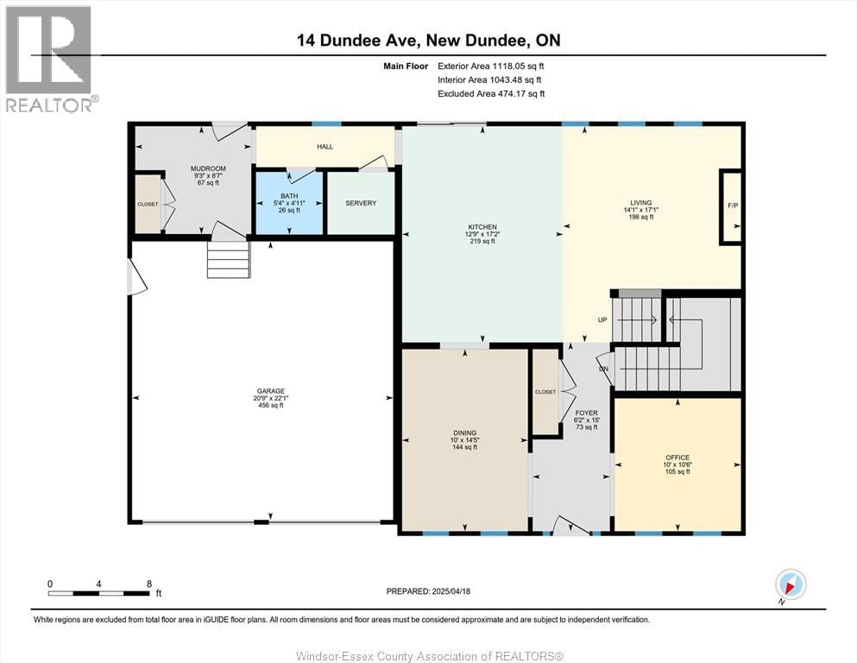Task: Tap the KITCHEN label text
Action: coord(483,227)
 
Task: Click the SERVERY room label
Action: coord(361,203)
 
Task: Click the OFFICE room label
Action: coord(677,458)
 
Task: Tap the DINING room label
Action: coord(464,433)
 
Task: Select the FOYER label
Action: coord(587,414)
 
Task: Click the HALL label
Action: coord(325,147)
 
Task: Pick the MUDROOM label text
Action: coord(208,168)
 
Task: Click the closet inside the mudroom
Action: coord(148,205)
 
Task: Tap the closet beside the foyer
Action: coord(545,392)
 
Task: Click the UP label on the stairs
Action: coord(602,319)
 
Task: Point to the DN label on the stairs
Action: coord(605,368)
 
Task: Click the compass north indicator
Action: coord(790,584)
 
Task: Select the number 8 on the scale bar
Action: coord(149,584)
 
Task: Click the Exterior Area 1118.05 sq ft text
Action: coord(491,66)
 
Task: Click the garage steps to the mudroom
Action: coord(228,259)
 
